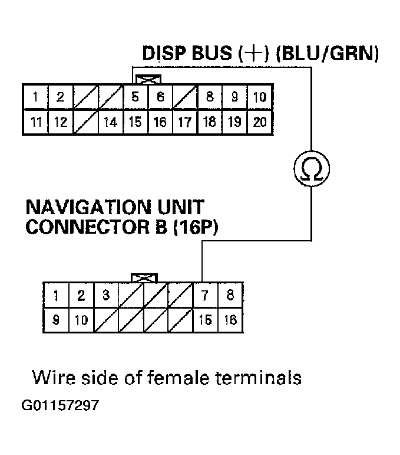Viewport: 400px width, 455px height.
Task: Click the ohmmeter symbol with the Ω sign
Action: point(311,170)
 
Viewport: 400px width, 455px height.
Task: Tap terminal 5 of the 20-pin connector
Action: point(135,98)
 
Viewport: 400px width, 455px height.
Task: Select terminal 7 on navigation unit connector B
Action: point(205,296)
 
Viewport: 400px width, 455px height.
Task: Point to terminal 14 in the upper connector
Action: point(110,123)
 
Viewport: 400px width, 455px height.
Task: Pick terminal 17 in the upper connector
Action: point(185,123)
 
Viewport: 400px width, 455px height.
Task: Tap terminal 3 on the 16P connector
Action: point(106,296)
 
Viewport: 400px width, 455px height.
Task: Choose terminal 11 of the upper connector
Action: point(35,123)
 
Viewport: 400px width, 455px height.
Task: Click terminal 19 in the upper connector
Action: point(234,123)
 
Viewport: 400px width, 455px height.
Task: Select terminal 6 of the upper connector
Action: point(160,98)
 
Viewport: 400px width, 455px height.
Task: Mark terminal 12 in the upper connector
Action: point(60,123)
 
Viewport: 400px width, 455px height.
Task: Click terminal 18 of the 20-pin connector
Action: point(210,123)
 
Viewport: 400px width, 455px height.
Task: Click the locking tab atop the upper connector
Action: point(148,78)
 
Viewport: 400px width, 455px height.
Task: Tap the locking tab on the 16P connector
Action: point(144,277)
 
